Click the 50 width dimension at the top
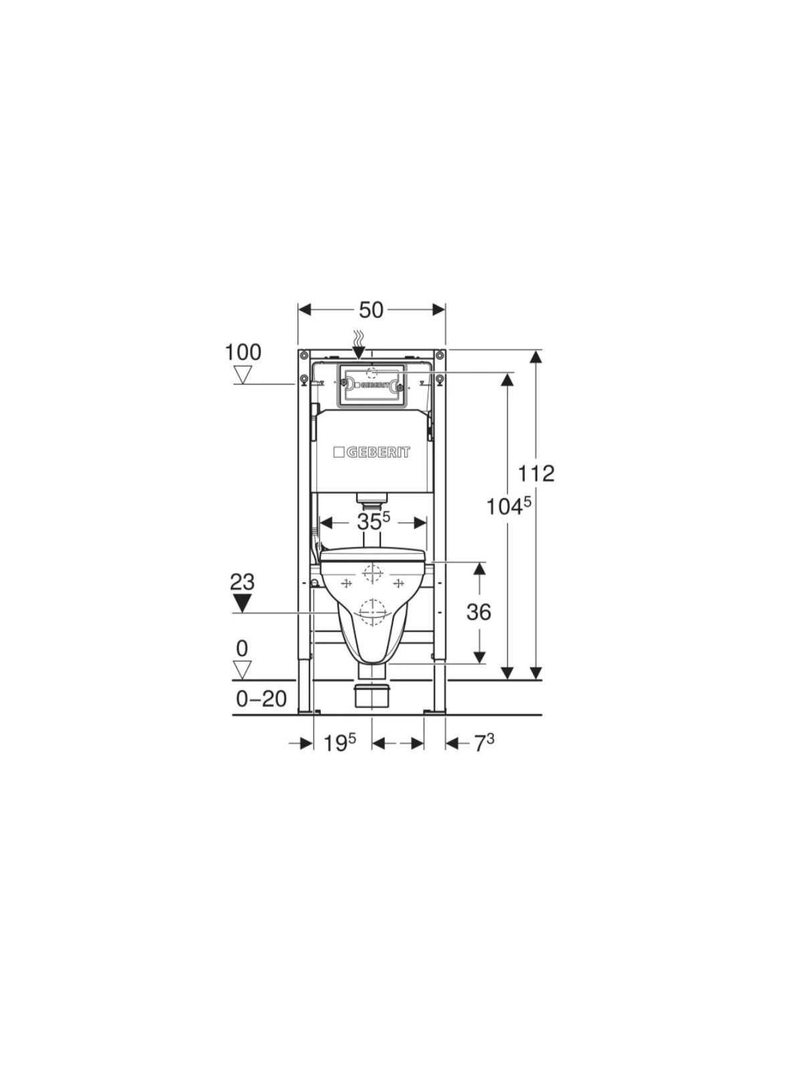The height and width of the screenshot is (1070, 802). click(x=372, y=310)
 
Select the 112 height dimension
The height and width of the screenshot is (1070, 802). click(x=536, y=473)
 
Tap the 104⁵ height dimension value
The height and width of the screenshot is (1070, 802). click(x=509, y=508)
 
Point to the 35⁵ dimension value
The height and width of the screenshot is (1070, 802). click(x=374, y=522)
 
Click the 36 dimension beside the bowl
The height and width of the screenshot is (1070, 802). click(x=479, y=613)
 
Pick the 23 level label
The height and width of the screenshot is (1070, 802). click(x=243, y=582)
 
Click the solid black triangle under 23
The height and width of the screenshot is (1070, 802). click(x=242, y=603)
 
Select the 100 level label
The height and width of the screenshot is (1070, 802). click(x=243, y=352)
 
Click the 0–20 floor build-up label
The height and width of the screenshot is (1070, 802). click(x=261, y=700)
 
